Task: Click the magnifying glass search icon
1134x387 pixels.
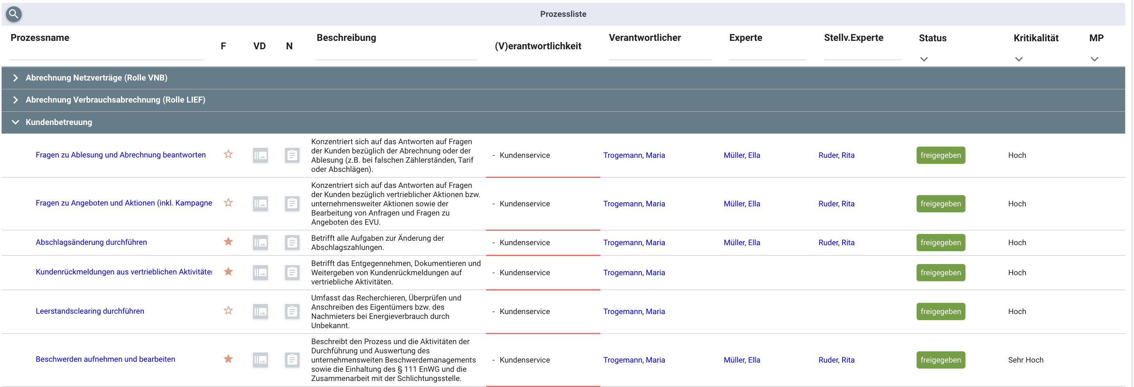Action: [14, 14]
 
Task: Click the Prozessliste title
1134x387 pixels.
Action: [563, 14]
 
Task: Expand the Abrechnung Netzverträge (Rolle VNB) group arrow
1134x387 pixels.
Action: [15, 78]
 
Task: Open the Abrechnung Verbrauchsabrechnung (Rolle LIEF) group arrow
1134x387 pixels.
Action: [15, 100]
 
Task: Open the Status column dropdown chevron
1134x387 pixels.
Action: [923, 59]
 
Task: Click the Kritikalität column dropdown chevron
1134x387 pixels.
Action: [1018, 59]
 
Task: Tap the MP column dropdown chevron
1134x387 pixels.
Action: [1094, 59]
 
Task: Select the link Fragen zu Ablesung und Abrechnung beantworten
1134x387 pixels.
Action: [121, 155]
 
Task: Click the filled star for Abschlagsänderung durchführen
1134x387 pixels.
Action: [228, 242]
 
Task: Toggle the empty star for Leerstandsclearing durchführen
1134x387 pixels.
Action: [228, 311]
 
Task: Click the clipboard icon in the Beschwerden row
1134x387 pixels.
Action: [292, 360]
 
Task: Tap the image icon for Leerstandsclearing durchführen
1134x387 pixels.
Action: [260, 312]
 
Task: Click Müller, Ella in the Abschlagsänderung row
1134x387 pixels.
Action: [741, 243]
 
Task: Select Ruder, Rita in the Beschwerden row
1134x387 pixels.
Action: [836, 360]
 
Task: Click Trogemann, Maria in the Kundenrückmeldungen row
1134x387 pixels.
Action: [633, 272]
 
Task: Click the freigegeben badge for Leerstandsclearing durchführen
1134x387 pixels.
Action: [940, 311]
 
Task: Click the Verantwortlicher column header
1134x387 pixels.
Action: [644, 38]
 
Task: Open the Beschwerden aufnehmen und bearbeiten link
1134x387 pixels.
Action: [105, 359]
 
